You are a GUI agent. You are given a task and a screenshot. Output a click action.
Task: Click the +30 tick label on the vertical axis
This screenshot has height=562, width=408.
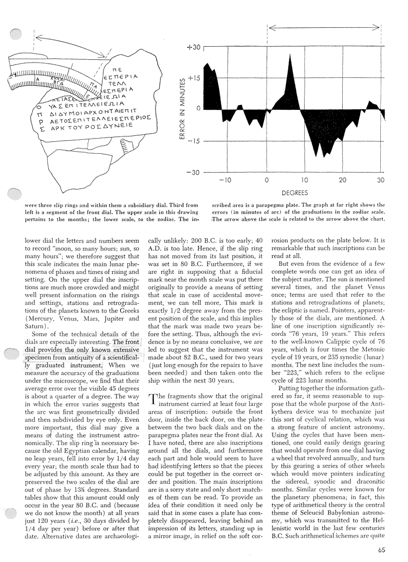[x=193, y=48]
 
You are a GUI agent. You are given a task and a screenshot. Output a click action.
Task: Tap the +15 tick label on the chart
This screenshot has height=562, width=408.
[x=193, y=78]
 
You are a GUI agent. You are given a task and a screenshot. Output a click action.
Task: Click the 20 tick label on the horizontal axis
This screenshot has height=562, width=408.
[x=343, y=180]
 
